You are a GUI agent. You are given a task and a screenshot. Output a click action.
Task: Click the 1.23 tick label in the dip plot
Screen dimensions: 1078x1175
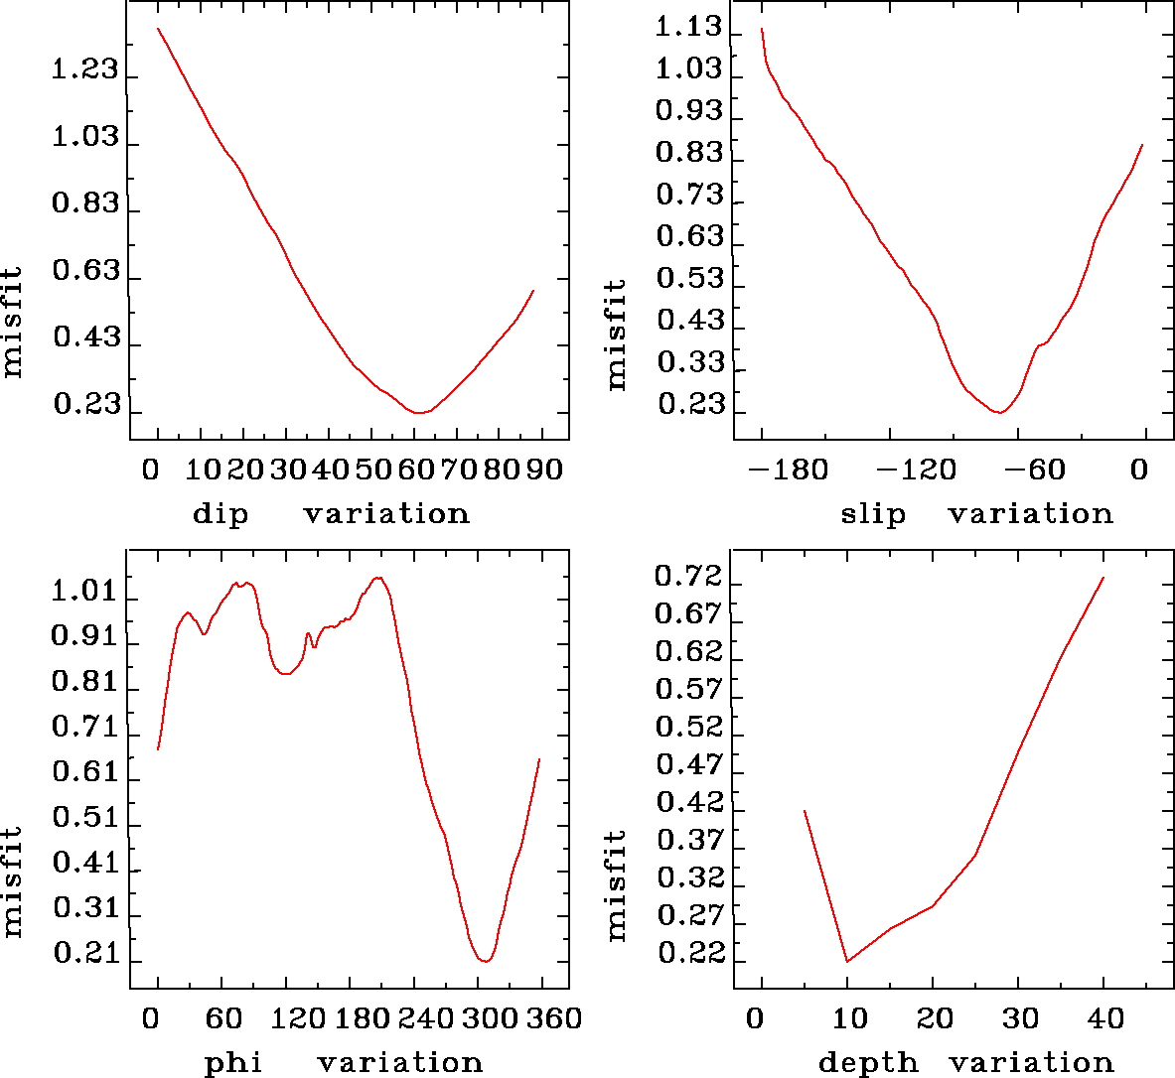point(84,71)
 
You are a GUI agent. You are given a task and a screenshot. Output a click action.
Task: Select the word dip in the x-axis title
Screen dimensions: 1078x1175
point(220,514)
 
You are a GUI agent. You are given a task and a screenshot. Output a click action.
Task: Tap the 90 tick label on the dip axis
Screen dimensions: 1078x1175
point(544,470)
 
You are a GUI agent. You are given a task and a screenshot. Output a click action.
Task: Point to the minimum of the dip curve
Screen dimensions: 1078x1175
point(420,412)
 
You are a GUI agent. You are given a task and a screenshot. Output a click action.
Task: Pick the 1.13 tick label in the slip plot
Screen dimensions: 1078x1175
point(688,27)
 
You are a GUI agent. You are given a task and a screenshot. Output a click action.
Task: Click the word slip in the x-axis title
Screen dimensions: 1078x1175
point(873,514)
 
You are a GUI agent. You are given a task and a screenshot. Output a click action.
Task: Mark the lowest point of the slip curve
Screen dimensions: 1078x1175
point(1000,412)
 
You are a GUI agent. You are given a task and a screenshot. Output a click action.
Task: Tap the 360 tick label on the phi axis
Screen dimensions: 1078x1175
point(550,1018)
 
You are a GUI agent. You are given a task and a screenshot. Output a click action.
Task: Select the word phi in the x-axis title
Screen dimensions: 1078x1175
point(233,1063)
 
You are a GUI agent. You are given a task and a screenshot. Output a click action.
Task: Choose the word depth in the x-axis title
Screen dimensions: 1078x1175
point(868,1063)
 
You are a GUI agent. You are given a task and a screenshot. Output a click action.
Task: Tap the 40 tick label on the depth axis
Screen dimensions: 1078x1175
point(1105,1018)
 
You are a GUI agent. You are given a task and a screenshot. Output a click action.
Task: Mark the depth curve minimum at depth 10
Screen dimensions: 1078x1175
point(847,961)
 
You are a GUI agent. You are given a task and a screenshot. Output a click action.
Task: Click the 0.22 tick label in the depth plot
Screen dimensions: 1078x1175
point(688,953)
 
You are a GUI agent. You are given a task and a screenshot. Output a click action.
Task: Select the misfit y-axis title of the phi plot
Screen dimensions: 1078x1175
point(13,881)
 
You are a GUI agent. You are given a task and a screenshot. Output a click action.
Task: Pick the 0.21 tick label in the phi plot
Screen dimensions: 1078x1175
point(84,955)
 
